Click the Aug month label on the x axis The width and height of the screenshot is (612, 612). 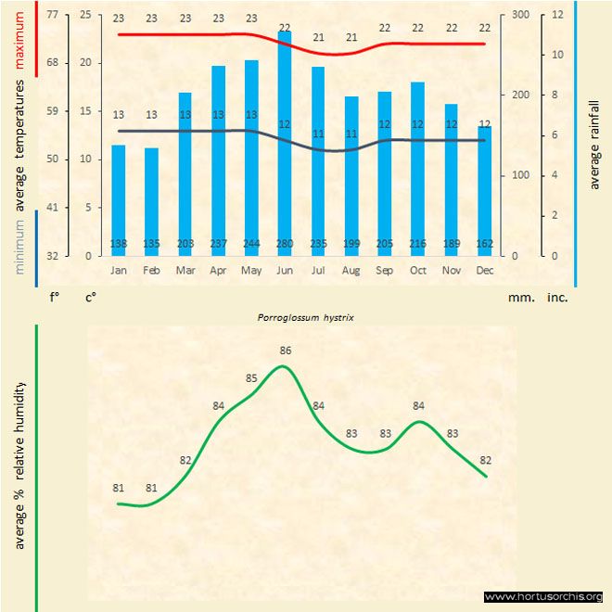tap(351, 270)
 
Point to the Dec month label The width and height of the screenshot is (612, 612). tap(485, 270)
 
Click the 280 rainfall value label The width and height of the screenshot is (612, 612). tap(285, 243)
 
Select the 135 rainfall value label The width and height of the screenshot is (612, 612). tap(151, 243)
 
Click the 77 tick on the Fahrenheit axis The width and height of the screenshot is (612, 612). tap(51, 15)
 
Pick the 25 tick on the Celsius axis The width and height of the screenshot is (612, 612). tap(85, 15)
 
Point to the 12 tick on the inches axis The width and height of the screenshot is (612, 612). tap(557, 15)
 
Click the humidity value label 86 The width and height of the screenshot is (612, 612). tap(285, 351)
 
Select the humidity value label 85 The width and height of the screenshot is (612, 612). tap(251, 378)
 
